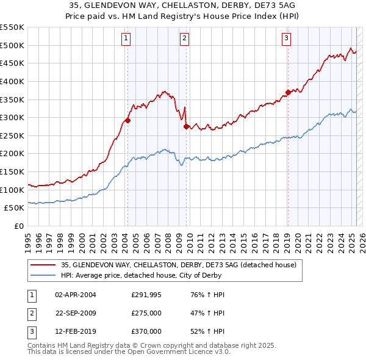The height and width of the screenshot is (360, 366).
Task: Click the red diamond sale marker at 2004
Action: click(x=128, y=121)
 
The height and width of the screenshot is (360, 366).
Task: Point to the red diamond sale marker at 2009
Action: click(x=186, y=127)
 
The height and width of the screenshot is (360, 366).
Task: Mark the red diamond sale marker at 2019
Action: click(x=287, y=93)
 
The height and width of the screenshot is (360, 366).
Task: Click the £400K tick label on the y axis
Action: click(x=12, y=81)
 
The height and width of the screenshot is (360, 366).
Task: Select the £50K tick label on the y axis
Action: click(x=14, y=208)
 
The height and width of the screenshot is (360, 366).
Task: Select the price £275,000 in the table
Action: click(x=146, y=313)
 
